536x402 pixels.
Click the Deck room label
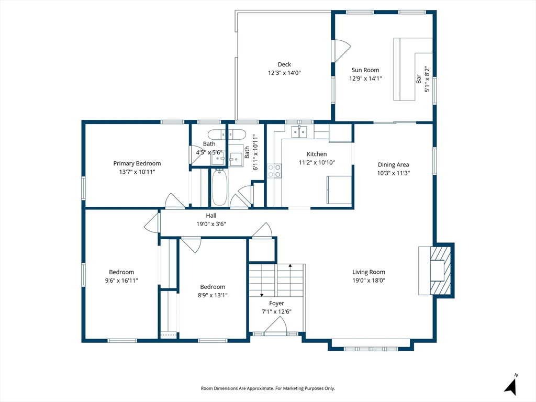[x=284, y=64]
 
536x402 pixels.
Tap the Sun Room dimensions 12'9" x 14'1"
[x=365, y=79]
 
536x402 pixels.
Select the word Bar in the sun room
[x=418, y=79]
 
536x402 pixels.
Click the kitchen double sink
[x=299, y=131]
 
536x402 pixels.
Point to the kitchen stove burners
[x=274, y=171]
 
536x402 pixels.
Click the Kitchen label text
[x=317, y=154]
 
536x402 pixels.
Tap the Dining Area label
[x=393, y=165]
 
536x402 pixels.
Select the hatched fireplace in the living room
[x=441, y=270]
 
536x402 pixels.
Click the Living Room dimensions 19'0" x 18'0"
[x=369, y=281]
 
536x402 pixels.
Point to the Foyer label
[x=276, y=303]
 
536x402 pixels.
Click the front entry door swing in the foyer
[x=275, y=324]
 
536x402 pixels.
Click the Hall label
[x=211, y=216]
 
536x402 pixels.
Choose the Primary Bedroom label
[x=137, y=163]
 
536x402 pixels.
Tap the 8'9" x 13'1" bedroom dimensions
[x=213, y=295]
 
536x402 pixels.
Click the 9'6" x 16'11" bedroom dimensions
[x=121, y=281]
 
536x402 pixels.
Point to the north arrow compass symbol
[x=511, y=385]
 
